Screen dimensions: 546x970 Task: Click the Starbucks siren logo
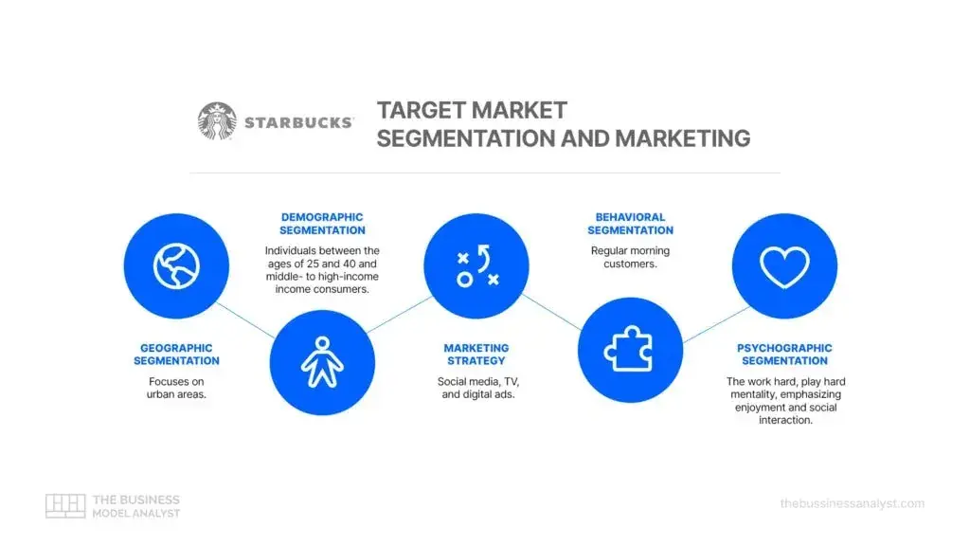[217, 121]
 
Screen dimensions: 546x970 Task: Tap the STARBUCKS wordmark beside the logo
[298, 122]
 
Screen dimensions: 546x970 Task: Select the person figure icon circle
[321, 361]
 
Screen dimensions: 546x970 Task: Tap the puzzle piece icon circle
[629, 350]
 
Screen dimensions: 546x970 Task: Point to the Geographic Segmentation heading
[176, 355]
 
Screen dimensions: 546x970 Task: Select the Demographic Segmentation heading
[322, 224]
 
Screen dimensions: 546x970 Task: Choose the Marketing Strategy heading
[476, 355]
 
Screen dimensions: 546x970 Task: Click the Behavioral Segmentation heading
[630, 224]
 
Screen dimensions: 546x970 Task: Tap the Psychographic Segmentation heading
[784, 355]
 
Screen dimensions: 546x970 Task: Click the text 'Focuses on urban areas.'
[176, 388]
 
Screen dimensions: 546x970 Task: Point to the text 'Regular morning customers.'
[630, 257]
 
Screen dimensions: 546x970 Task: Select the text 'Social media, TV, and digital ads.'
[476, 388]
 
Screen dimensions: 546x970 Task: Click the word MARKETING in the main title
[682, 138]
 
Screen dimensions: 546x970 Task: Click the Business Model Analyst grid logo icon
[65, 505]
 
